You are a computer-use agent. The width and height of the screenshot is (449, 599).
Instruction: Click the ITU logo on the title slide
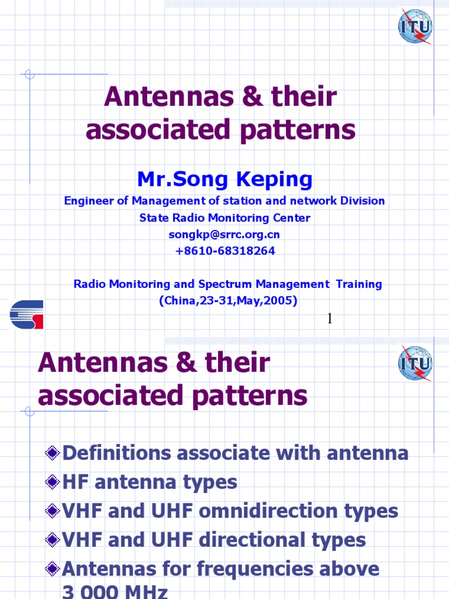click(x=415, y=26)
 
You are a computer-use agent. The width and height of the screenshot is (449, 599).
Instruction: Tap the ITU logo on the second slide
click(x=415, y=363)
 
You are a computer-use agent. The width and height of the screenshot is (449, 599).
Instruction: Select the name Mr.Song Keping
click(x=224, y=179)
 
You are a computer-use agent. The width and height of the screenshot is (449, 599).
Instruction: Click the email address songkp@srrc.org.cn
click(x=224, y=235)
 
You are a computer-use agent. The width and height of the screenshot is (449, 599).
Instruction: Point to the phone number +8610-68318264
click(x=224, y=251)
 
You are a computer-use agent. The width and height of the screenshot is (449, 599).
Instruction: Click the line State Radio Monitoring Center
click(x=224, y=218)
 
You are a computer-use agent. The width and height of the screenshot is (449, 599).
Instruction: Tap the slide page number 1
click(x=330, y=318)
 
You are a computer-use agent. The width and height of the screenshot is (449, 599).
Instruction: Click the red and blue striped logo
click(x=26, y=315)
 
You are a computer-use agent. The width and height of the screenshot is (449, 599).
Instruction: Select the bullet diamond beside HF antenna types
click(x=53, y=482)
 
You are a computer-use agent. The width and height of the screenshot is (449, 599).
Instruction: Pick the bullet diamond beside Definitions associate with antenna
click(x=53, y=453)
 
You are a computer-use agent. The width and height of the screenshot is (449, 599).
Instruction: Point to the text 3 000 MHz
click(x=115, y=592)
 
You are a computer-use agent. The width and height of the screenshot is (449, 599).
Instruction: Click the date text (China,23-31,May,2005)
click(x=228, y=301)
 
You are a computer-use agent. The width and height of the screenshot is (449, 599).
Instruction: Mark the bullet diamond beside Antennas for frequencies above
click(x=53, y=569)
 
